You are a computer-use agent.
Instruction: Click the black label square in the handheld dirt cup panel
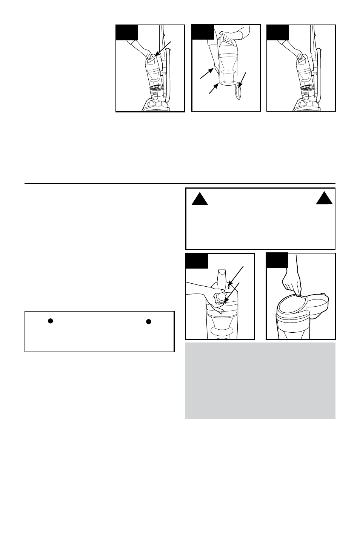click(203, 32)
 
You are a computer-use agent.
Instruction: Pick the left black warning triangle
click(200, 198)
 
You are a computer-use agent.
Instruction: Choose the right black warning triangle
click(324, 198)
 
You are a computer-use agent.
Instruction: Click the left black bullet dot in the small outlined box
click(50, 321)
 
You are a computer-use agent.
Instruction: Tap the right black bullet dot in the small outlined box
click(149, 321)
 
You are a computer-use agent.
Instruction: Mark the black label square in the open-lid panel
click(277, 260)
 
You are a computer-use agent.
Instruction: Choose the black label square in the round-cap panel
click(197, 261)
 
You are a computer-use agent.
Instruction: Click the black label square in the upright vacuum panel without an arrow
click(278, 32)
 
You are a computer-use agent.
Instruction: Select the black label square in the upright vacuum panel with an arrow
click(127, 32)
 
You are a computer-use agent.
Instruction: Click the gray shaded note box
click(260, 380)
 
